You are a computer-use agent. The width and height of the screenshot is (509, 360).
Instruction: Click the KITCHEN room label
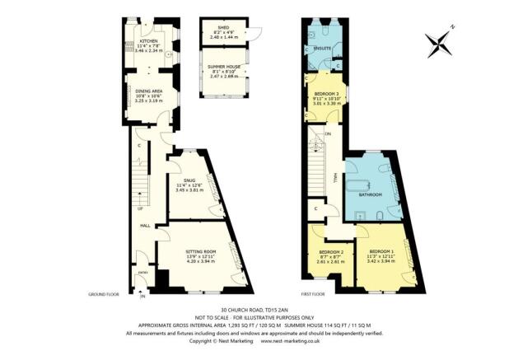(x=148, y=40)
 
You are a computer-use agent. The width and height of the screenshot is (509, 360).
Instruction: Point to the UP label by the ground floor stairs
(x=141, y=208)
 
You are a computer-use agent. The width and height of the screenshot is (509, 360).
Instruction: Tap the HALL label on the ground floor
(x=144, y=225)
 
